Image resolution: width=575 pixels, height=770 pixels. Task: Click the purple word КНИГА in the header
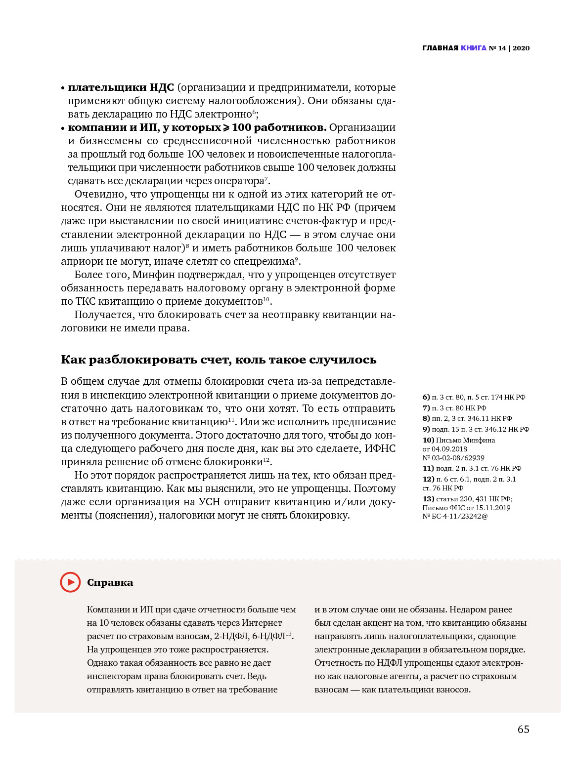(x=473, y=48)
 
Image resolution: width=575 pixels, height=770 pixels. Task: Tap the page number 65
(x=523, y=729)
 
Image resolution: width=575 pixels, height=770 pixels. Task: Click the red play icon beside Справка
(x=70, y=582)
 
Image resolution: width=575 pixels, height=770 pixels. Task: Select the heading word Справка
(x=110, y=583)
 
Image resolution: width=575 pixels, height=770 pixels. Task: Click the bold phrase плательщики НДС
(x=121, y=87)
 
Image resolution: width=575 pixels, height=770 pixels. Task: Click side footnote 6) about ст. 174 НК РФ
(x=474, y=397)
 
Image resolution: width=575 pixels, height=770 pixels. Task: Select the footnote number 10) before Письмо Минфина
(x=428, y=440)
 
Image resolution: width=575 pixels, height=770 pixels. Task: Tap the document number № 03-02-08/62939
(x=453, y=458)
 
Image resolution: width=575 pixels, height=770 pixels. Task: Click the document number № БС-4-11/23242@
(x=455, y=516)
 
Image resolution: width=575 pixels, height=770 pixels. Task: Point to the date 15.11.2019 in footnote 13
(x=493, y=508)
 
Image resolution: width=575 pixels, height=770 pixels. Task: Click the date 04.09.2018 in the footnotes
(x=449, y=449)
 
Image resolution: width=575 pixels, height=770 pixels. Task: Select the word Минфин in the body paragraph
(x=153, y=275)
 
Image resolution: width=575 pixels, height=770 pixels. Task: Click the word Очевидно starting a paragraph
(x=98, y=194)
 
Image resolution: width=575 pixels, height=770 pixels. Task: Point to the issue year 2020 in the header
(x=521, y=48)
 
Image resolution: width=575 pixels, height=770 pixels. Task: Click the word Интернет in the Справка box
(x=262, y=623)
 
